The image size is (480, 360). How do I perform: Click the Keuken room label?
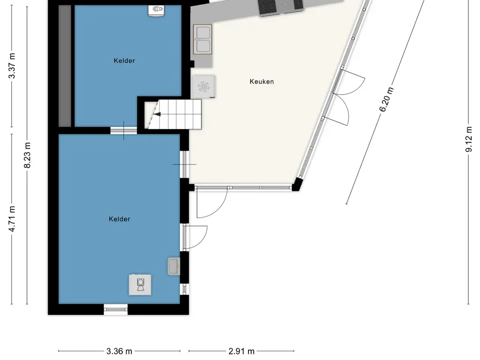[262, 82]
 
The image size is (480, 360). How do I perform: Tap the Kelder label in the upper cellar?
[124, 60]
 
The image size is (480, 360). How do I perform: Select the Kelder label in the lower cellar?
[120, 219]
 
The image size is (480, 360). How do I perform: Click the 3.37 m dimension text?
[12, 66]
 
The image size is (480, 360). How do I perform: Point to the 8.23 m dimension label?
[27, 155]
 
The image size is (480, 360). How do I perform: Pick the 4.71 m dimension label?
[12, 218]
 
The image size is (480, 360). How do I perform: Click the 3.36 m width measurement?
[119, 351]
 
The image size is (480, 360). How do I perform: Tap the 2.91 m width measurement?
[241, 351]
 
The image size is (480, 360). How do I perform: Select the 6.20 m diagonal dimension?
[386, 99]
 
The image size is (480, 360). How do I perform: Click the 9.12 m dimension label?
[469, 139]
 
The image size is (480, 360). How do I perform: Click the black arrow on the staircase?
[157, 114]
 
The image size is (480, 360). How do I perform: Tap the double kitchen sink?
[202, 39]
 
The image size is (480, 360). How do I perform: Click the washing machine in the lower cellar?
[140, 285]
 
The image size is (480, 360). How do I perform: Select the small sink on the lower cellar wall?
[174, 266]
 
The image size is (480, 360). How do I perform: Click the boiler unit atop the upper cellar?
[157, 10]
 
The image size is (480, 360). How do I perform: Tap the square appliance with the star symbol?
[203, 87]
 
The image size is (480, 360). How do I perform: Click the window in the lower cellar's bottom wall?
[116, 309]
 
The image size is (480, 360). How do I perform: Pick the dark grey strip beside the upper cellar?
[65, 66]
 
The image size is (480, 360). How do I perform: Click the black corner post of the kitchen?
[297, 185]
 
